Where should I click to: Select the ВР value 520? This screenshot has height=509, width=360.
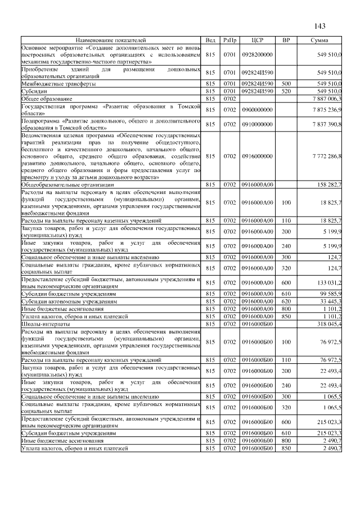(x=286, y=91)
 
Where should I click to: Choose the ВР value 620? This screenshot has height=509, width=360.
(x=286, y=301)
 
